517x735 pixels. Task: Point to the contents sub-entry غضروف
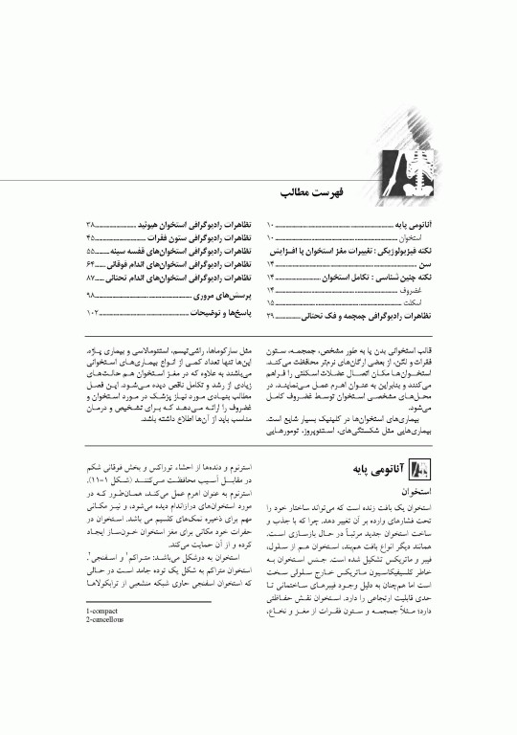(x=419, y=288)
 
